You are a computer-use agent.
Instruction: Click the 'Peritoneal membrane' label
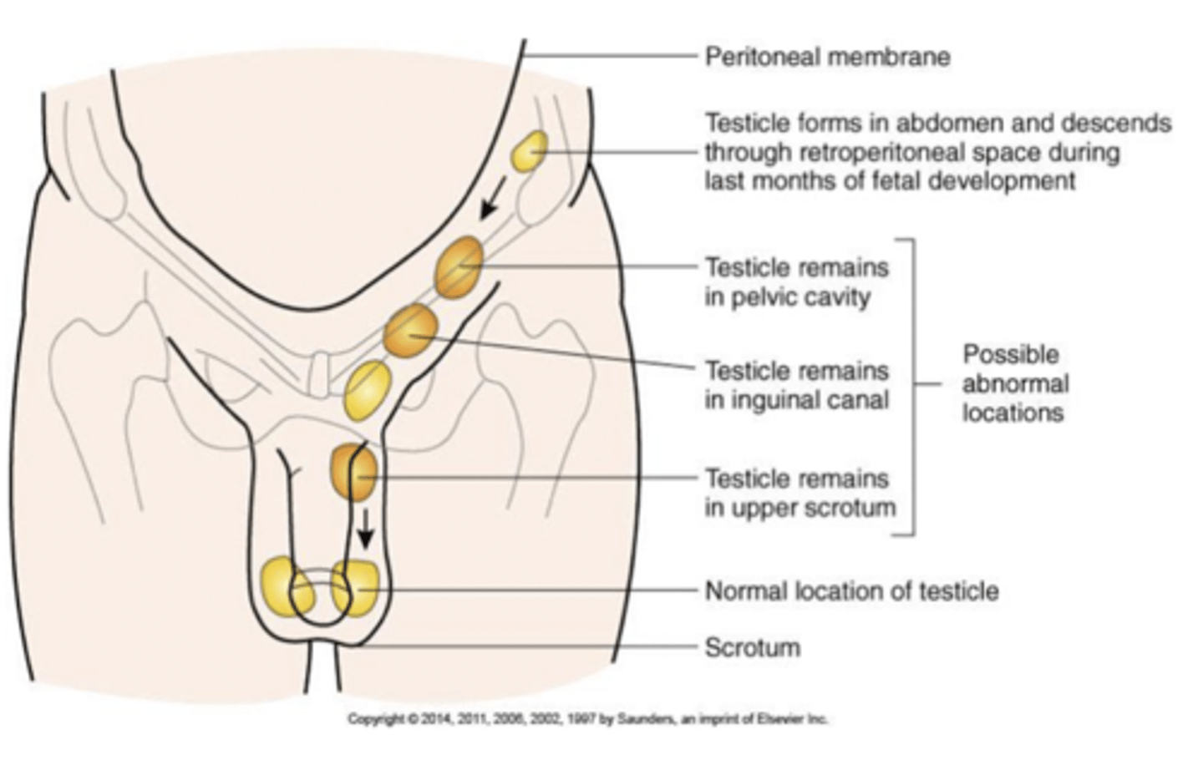click(827, 57)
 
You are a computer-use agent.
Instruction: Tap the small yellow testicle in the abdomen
click(530, 151)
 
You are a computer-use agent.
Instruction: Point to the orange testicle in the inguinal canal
click(410, 330)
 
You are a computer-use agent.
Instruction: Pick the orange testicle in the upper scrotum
click(355, 473)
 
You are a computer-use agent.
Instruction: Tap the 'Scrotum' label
click(752, 647)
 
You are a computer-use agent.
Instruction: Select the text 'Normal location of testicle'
click(851, 591)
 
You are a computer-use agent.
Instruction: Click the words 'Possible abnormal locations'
click(1014, 383)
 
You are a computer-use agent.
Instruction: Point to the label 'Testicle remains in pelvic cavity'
click(796, 282)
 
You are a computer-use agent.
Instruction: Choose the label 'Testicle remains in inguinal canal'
click(796, 385)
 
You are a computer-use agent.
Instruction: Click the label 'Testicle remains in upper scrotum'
click(799, 493)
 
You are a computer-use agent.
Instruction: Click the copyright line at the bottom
click(587, 718)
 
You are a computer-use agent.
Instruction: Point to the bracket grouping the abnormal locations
click(911, 385)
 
